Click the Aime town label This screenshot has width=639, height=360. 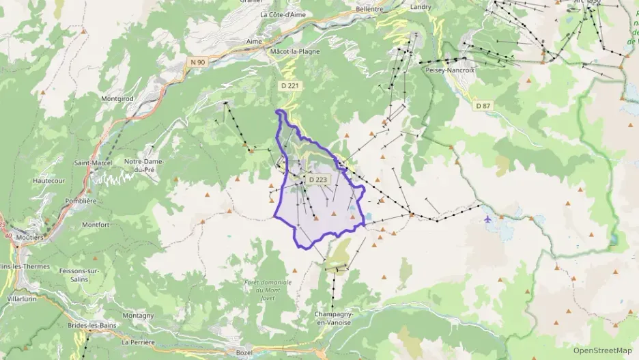pos(253,42)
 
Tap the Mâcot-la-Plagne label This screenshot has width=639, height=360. pos(295,50)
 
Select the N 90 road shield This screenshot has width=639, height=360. pos(197,62)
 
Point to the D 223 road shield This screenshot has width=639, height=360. pos(318,179)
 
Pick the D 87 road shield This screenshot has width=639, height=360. pos(483,105)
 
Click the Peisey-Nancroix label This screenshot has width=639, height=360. pos(449,70)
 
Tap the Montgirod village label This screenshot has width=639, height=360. pos(117,98)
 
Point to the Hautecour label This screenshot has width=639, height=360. pos(48,180)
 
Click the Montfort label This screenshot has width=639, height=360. pos(96,224)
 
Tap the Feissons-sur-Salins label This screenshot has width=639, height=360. pos(85,275)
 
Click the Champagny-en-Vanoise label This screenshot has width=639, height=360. pos(332,318)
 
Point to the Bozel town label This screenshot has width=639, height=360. pos(244,352)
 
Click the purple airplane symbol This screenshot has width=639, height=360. pos(487,219)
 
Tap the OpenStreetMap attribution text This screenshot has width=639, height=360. pos(603,350)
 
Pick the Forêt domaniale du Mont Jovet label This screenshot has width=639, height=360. pos(268,290)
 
